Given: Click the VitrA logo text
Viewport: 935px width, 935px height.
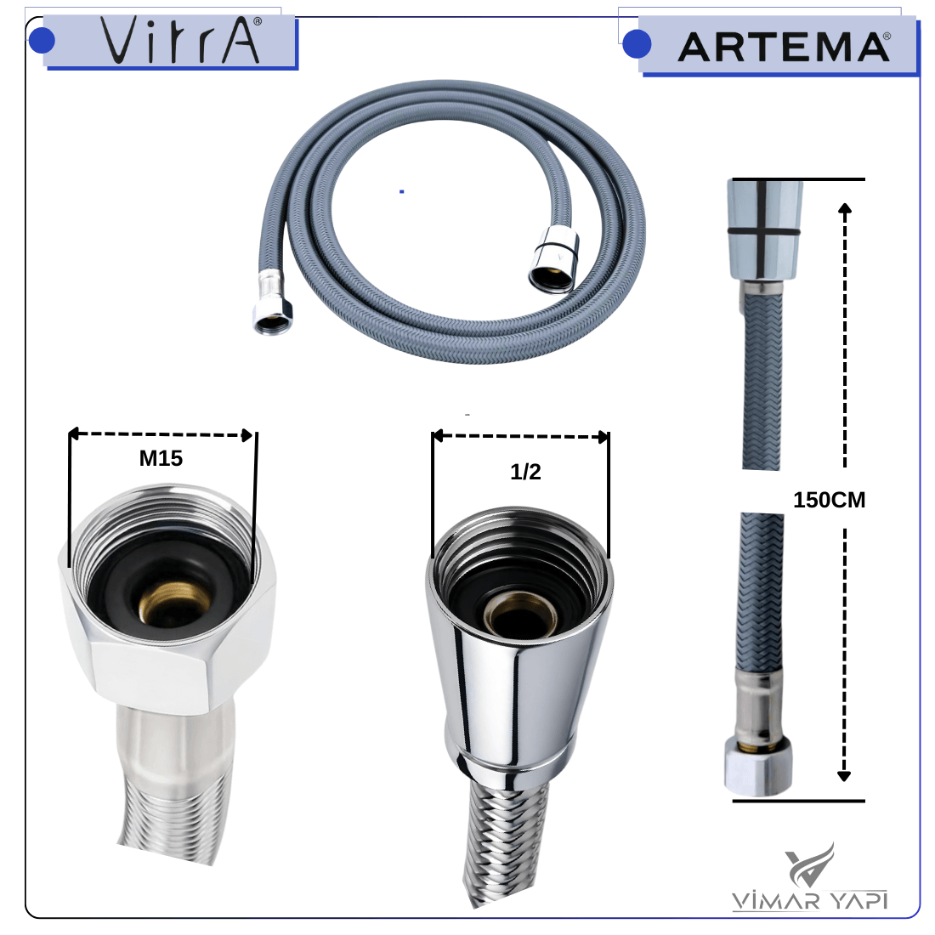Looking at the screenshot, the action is pyautogui.click(x=181, y=40).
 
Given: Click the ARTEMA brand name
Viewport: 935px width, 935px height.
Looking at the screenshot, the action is pyautogui.click(x=784, y=47).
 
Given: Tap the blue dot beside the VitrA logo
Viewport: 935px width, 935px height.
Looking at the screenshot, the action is pyautogui.click(x=42, y=41).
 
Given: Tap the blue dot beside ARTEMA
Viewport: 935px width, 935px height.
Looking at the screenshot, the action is pyautogui.click(x=637, y=44).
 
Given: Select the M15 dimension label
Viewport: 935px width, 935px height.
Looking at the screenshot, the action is pyautogui.click(x=161, y=458).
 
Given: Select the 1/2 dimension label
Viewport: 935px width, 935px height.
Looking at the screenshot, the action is pyautogui.click(x=525, y=472).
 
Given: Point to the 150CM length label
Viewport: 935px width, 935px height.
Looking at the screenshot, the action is pyautogui.click(x=829, y=500).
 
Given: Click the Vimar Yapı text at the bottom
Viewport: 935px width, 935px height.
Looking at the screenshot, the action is pyautogui.click(x=810, y=900).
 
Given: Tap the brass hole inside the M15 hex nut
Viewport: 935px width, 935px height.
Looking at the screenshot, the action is pyautogui.click(x=165, y=603).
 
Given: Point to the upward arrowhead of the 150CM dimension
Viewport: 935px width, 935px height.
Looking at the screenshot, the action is pyautogui.click(x=844, y=209).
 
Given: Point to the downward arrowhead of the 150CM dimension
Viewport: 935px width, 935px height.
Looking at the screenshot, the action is pyautogui.click(x=844, y=776).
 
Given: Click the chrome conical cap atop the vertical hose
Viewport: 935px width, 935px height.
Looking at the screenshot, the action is pyautogui.click(x=764, y=229).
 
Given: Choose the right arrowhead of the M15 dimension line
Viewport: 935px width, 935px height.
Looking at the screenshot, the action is pyautogui.click(x=247, y=435).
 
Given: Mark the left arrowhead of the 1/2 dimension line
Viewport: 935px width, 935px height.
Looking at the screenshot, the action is pyautogui.click(x=438, y=436).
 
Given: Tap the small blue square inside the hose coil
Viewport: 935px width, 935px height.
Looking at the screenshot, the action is pyautogui.click(x=402, y=191).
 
